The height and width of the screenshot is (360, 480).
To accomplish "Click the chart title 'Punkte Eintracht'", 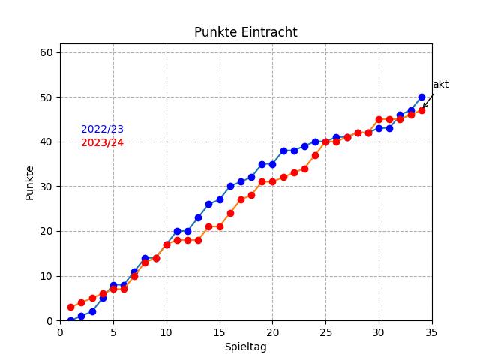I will tap(245, 32).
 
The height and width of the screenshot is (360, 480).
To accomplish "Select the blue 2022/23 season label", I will tap(102, 130).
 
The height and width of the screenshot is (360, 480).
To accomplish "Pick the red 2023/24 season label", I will tap(102, 143).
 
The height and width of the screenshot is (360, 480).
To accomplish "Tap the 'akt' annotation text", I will tap(440, 85).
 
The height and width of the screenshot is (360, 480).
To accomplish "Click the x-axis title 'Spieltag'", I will tap(245, 347).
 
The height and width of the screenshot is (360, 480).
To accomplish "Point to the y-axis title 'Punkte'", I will tap(30, 182).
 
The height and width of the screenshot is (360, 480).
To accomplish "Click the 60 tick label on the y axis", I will tap(46, 52).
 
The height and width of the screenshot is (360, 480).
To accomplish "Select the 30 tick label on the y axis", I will tap(46, 187).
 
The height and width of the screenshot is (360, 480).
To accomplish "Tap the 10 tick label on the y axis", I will tap(46, 276).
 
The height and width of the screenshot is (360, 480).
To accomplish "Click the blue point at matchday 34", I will tap(421, 97).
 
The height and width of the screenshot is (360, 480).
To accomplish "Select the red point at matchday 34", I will tap(421, 110).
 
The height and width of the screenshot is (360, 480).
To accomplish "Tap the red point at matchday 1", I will tap(70, 307).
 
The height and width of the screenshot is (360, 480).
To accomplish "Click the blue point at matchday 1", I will tap(70, 320).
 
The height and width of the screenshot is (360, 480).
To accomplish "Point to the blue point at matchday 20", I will tap(272, 164).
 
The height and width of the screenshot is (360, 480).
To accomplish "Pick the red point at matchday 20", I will tap(272, 181).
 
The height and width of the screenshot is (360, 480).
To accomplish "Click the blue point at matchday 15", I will tap(220, 199).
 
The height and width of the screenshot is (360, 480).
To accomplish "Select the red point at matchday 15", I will tap(220, 226).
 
